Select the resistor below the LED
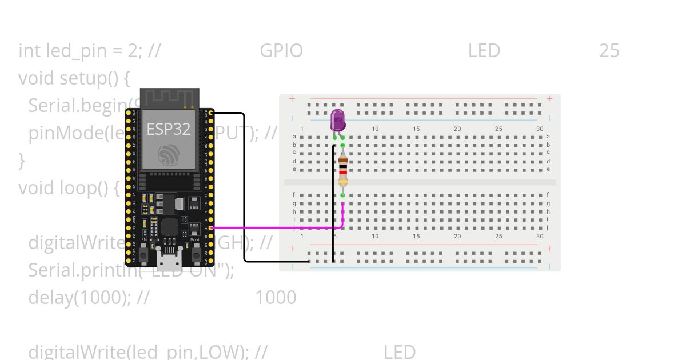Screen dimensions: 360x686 pyautogui.click(x=342, y=170)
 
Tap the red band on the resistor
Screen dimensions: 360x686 pyautogui.click(x=342, y=171)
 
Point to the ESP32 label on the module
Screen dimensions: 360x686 pyautogui.click(x=168, y=129)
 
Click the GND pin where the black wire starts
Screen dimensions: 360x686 pyautogui.click(x=211, y=113)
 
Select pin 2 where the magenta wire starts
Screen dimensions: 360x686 pyautogui.click(x=211, y=227)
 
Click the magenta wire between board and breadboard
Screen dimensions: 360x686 pyautogui.click(x=274, y=227)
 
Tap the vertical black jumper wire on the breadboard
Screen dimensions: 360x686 pyautogui.click(x=333, y=206)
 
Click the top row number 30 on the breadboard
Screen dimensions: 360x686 pyautogui.click(x=540, y=129)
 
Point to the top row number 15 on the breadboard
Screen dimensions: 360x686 pyautogui.click(x=416, y=129)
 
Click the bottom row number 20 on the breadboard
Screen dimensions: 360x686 pyautogui.click(x=457, y=236)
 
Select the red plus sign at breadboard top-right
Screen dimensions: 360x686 pyautogui.click(x=549, y=98)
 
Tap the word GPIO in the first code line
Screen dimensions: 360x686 pyautogui.click(x=281, y=51)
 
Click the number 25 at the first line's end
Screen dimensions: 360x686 pyautogui.click(x=609, y=51)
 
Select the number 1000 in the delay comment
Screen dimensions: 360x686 pyautogui.click(x=275, y=297)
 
